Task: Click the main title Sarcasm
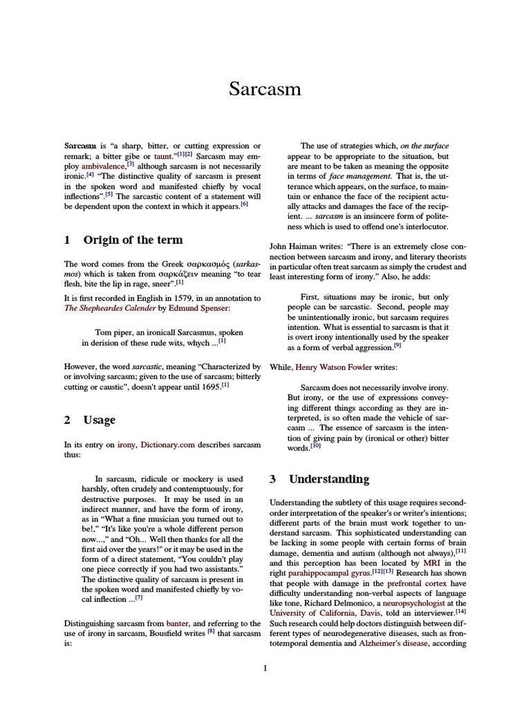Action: point(265,90)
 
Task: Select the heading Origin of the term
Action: point(133,240)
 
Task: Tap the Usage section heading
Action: point(100,420)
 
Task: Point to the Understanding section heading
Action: point(328,478)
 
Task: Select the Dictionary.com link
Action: point(168,445)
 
